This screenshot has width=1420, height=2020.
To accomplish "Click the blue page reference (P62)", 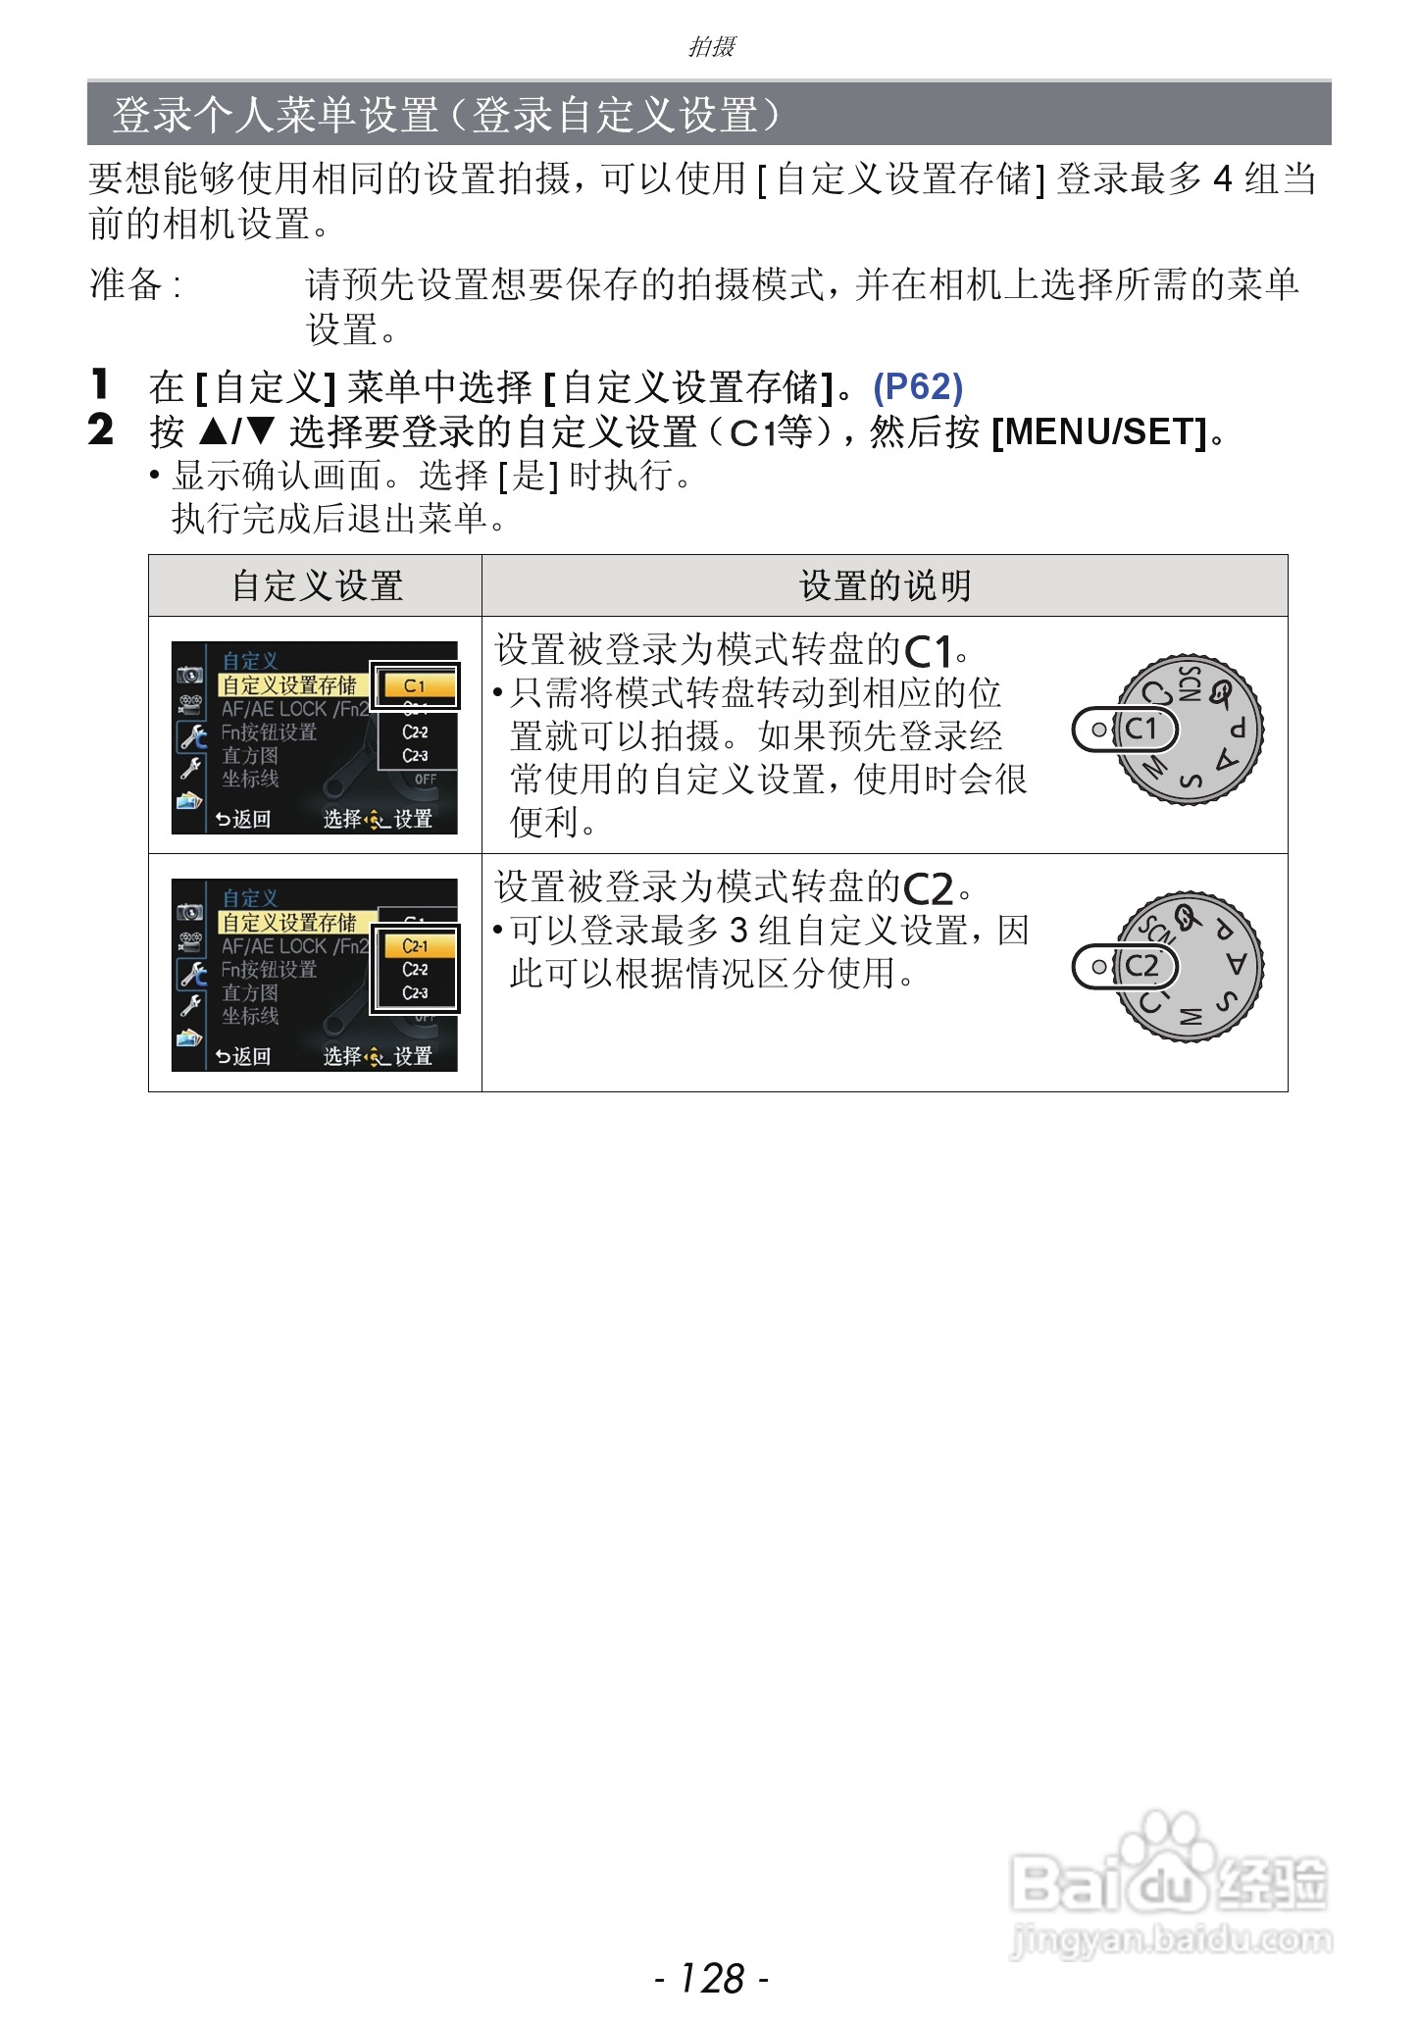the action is pos(918,387).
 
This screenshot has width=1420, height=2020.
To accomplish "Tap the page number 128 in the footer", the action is pos(711,1977).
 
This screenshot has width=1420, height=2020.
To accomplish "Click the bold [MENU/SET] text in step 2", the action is pos(1099,431).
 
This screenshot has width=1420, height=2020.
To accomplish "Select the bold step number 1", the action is pos(99,384).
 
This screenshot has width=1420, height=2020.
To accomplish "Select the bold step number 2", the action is pos(100,430).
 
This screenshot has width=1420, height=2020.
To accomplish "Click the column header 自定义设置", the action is pos(317,586).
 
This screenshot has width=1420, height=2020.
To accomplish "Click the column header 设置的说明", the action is pos(885,586).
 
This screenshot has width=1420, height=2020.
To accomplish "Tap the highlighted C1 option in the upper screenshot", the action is pos(415,685).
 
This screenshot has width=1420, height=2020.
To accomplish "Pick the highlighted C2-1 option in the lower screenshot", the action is pos(415,946).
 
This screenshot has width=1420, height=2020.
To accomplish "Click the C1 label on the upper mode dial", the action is pos(1140,730).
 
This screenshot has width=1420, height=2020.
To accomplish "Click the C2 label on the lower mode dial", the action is pos(1140,967).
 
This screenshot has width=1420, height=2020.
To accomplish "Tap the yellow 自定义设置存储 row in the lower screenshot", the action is pos(290,923).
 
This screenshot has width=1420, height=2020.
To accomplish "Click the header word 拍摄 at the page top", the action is pos(711,46).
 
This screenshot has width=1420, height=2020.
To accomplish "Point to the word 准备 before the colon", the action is pos(126,284).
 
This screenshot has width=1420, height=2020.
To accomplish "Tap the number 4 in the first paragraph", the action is pos(1222,179).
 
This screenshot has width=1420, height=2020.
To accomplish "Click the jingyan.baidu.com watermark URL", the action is pos(1171,1939).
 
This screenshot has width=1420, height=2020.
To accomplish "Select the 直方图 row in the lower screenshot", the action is pos(250,993).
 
